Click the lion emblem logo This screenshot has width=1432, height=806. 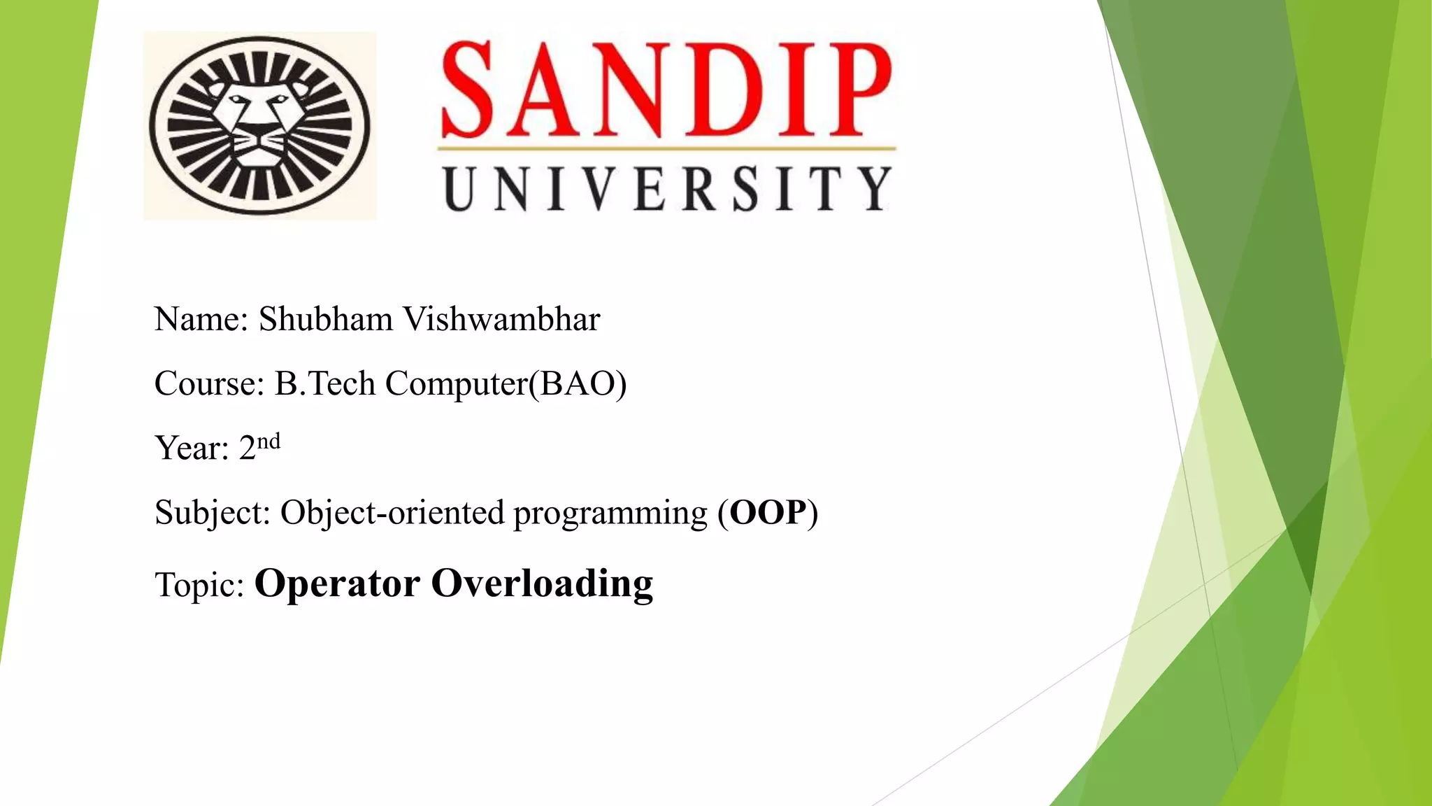(x=259, y=126)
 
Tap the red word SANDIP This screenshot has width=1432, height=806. (x=666, y=90)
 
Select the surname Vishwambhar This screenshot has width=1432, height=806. (x=501, y=320)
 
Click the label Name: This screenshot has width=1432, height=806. (x=201, y=320)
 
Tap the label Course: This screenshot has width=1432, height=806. (x=209, y=384)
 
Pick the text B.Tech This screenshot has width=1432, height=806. (x=325, y=384)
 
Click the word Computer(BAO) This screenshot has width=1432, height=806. (x=506, y=384)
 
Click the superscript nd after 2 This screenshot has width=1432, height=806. (x=268, y=441)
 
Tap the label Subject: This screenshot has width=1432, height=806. (x=213, y=513)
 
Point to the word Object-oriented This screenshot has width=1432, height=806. (x=392, y=513)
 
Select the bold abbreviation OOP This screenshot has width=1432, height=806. (x=768, y=513)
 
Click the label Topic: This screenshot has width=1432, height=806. (x=199, y=585)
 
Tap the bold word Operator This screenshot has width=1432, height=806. (x=337, y=584)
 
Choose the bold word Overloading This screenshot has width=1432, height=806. (x=542, y=584)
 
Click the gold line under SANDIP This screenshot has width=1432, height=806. (x=666, y=148)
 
